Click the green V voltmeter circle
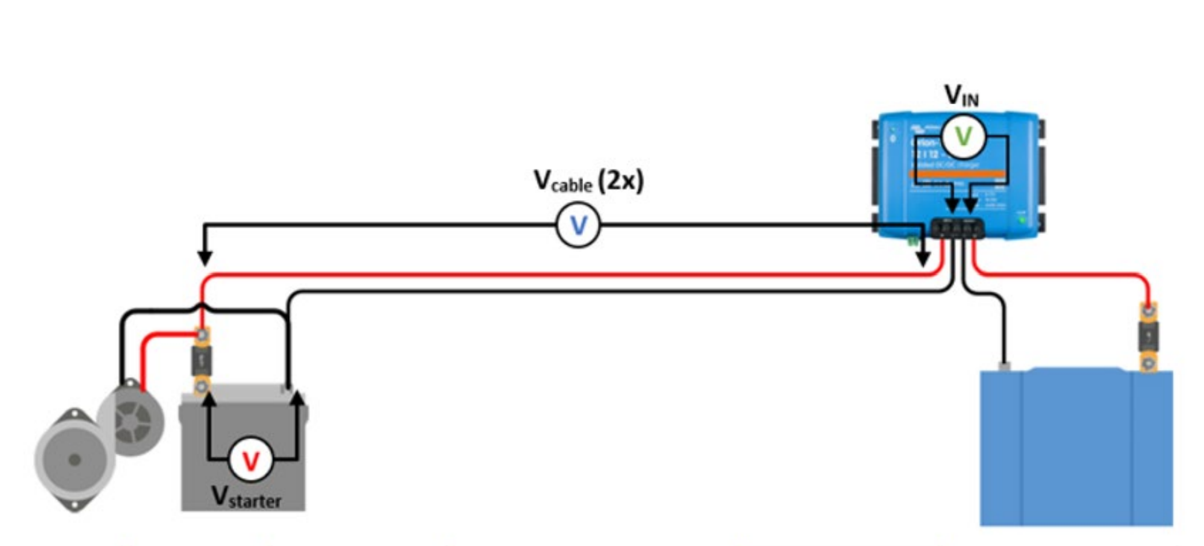(963, 136)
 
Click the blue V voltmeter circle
(579, 225)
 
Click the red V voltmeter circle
(250, 460)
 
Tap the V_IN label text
(962, 96)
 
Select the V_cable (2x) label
(588, 181)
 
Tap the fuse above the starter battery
(202, 361)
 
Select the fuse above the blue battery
(1148, 337)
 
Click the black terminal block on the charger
(957, 228)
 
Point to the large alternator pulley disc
(73, 459)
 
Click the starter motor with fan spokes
(132, 421)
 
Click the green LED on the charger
(1021, 219)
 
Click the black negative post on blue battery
(1004, 366)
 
